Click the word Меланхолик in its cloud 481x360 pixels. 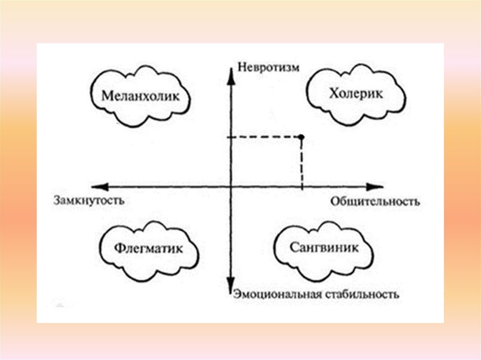(x=140, y=97)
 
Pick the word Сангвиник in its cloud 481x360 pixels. (x=318, y=247)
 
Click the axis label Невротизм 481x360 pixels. (x=268, y=67)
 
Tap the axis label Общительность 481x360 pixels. (x=374, y=202)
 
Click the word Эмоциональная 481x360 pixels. (x=276, y=294)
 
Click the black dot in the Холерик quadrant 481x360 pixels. (x=301, y=137)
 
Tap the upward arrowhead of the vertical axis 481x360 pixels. (x=231, y=74)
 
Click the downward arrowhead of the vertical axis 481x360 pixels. (x=231, y=287)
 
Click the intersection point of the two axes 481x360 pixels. (x=231, y=186)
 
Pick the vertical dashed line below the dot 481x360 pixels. (x=301, y=162)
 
